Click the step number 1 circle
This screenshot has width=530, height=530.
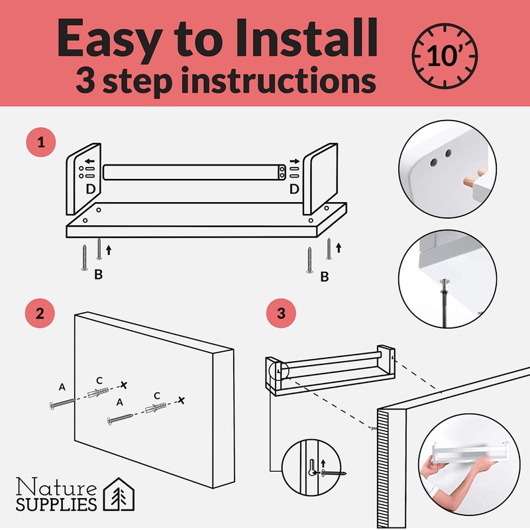coord(41,142)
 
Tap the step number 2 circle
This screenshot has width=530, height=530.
coord(40,313)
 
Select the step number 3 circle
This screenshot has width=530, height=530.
coord(281,313)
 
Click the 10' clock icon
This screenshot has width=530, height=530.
coord(445,56)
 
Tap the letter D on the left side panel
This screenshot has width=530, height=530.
coord(90,189)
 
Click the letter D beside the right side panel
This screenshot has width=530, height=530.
coord(294,189)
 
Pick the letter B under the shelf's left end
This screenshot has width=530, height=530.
coord(98,274)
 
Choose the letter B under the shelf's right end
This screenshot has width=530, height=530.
coord(325,276)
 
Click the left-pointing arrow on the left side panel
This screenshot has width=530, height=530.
coord(89,161)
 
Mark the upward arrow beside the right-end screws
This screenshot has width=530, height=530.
coord(339,248)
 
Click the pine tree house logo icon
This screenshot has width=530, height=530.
coord(119,494)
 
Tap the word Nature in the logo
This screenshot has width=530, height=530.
coord(56,487)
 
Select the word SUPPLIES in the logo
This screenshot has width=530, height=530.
coord(56,504)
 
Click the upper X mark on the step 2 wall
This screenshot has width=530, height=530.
coord(124,385)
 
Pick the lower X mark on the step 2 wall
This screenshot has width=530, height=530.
coord(182,401)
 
